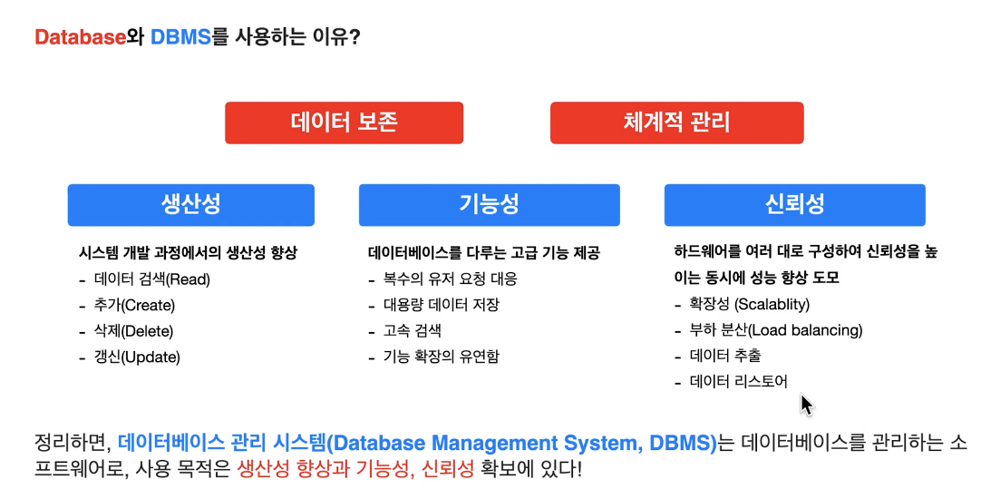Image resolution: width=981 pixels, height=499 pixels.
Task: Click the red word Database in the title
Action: [x=79, y=37]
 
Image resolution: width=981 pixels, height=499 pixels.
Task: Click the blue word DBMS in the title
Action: [x=180, y=37]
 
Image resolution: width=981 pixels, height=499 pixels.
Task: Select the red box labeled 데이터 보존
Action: [x=345, y=122]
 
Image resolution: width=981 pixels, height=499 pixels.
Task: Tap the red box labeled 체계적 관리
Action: [x=676, y=122]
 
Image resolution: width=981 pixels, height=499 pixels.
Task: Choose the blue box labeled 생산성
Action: [x=191, y=204]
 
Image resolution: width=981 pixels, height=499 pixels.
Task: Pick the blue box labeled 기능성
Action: [x=490, y=204]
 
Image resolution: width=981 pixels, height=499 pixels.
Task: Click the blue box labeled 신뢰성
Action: [x=794, y=204]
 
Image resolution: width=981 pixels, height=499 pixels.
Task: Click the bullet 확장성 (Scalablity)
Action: [x=749, y=305]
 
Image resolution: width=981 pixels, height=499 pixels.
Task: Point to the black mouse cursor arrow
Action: [x=806, y=403]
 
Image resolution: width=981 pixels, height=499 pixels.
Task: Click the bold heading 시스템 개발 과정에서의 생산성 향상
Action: [x=189, y=253]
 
